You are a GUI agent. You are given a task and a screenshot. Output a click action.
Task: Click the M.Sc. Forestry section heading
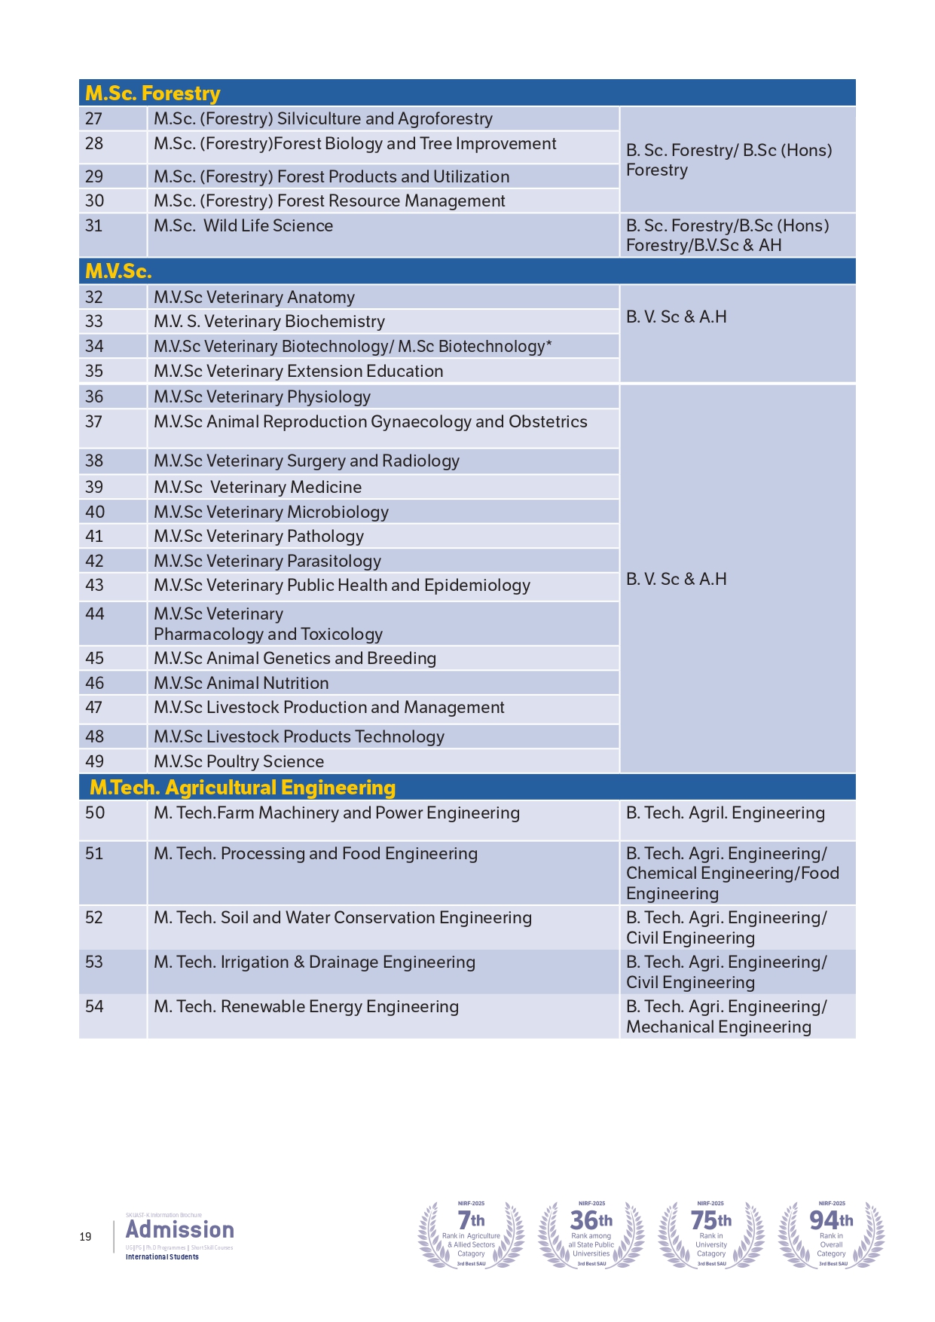click(153, 93)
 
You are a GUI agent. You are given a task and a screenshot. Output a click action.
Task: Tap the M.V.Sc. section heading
click(118, 271)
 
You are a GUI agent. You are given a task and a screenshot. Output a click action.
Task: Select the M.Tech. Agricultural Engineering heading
click(243, 788)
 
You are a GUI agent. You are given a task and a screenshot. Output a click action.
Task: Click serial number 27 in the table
click(94, 119)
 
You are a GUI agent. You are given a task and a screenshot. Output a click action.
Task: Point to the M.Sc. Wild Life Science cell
click(243, 226)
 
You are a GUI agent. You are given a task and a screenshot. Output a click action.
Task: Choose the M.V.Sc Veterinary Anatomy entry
click(254, 297)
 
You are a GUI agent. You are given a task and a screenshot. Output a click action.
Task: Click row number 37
click(94, 422)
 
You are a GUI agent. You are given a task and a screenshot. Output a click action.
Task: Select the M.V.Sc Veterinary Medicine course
click(258, 487)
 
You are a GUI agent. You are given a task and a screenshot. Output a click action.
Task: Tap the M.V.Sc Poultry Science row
click(239, 761)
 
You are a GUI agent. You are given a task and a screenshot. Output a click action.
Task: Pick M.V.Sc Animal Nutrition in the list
click(241, 683)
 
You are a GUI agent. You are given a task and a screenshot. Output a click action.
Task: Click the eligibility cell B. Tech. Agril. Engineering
click(725, 813)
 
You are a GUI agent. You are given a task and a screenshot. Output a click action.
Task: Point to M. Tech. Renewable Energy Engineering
click(306, 1007)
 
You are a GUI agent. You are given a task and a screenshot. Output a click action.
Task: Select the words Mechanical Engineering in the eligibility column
click(719, 1027)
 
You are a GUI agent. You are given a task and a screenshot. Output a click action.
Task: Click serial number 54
click(94, 1007)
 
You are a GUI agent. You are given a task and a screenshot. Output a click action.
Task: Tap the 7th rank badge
click(472, 1234)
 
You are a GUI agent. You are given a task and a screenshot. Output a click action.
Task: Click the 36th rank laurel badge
click(591, 1234)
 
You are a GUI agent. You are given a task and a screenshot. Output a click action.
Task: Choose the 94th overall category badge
click(832, 1234)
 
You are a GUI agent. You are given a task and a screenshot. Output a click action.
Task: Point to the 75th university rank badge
click(711, 1234)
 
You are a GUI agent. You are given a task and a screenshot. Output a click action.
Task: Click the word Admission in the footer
click(180, 1230)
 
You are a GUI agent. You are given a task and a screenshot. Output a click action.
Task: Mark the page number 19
click(86, 1237)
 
